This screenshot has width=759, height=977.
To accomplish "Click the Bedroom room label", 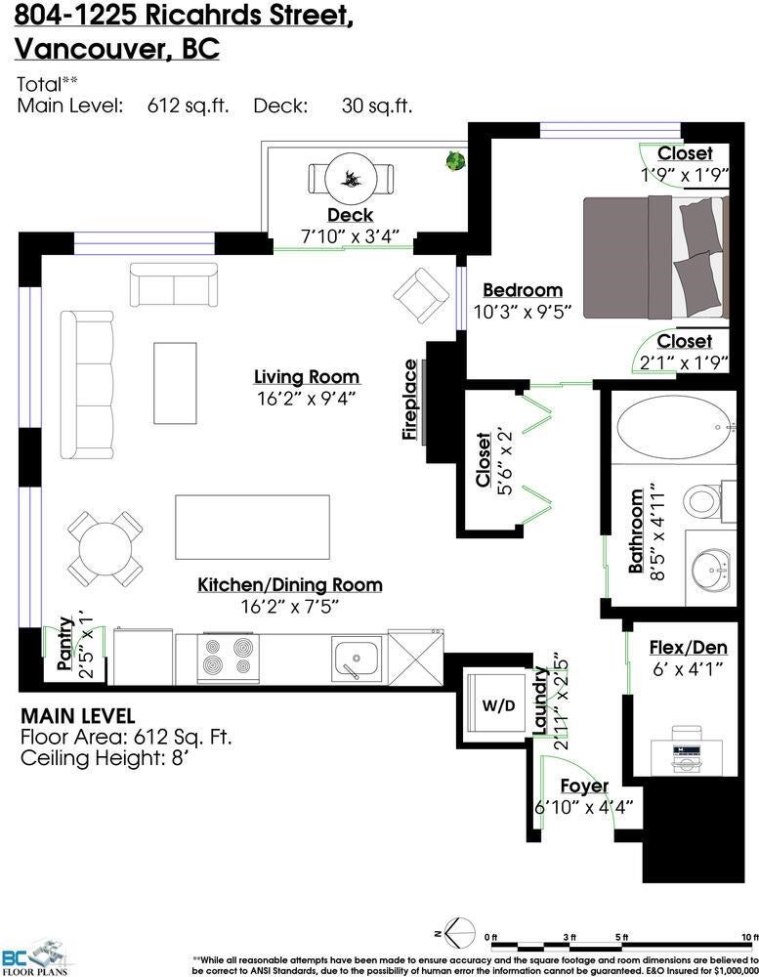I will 523,290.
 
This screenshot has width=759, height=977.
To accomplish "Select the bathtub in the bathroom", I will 673,427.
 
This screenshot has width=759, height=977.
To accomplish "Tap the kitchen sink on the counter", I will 356,659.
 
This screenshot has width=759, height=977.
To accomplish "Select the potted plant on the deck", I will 455,161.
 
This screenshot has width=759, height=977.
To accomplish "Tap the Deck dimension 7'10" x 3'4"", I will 350,236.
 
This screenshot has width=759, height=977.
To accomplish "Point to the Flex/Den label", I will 688,648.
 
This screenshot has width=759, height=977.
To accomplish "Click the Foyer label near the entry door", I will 584,786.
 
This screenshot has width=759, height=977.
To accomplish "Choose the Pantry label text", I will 65,644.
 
